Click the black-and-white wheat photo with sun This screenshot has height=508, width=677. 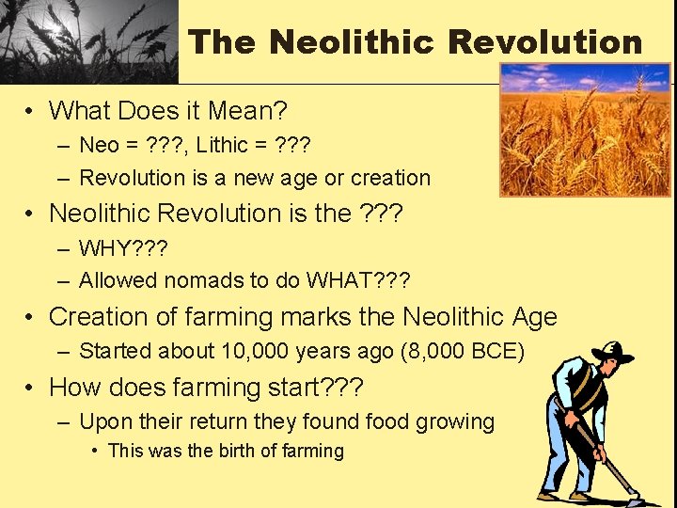(88, 41)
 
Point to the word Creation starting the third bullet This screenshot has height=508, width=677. (99, 317)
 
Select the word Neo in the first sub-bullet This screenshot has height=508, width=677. (99, 145)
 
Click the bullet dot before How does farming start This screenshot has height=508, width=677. (32, 388)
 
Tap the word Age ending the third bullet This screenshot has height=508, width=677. (533, 317)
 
